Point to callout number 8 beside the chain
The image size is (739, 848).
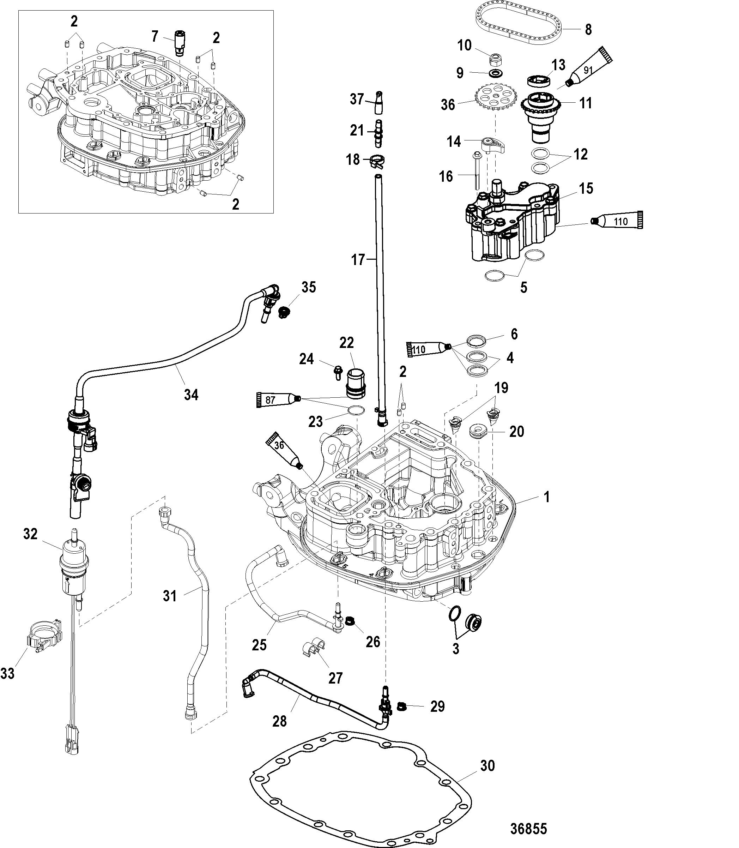(588, 29)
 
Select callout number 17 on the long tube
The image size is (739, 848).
(358, 260)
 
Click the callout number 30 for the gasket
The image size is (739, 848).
(487, 765)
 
